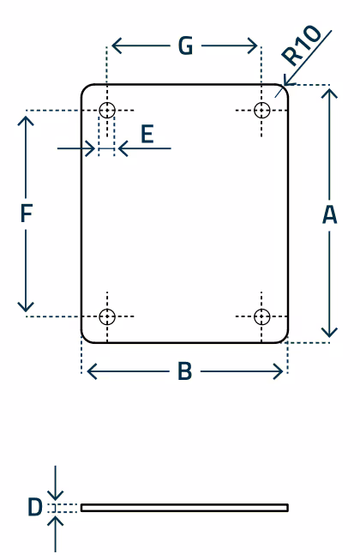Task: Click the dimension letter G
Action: pos(185,45)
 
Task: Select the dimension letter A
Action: pos(329,214)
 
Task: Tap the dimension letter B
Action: pos(185,371)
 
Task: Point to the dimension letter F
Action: pos(27,213)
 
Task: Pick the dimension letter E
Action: pos(147,134)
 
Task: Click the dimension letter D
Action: pos(35,507)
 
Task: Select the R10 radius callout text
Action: pos(301,45)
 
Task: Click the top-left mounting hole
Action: pos(107,110)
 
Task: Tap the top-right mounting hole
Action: pos(262,110)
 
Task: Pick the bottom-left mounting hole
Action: pos(107,316)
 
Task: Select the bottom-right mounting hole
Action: pos(262,316)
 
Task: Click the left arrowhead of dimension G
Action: pos(117,45)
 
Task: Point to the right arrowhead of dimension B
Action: pos(279,371)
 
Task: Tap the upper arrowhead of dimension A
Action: pos(329,93)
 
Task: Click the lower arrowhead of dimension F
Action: pos(26,307)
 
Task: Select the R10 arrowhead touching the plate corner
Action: pos(288,81)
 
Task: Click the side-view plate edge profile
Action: pos(184,508)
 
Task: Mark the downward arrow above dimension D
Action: pos(56,483)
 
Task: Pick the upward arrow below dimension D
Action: pos(56,534)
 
